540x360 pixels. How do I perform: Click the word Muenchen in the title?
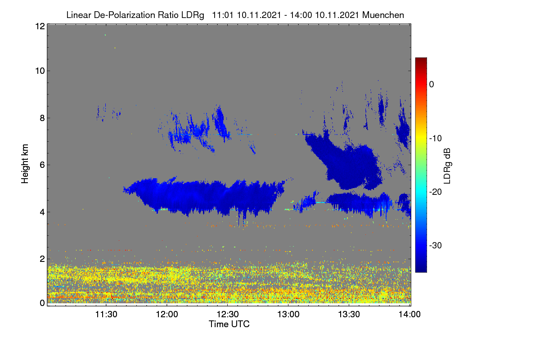(x=383, y=15)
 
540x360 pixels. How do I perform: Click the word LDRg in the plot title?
(x=193, y=15)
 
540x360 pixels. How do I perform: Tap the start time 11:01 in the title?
(x=223, y=15)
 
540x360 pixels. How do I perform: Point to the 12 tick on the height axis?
(x=40, y=26)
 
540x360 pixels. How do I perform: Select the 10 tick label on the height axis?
(x=40, y=71)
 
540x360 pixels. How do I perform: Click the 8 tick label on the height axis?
(x=42, y=118)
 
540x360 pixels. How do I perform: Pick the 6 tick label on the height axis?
(x=42, y=165)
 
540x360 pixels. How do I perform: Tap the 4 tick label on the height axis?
(x=42, y=212)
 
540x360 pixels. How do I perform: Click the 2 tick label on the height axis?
(x=42, y=259)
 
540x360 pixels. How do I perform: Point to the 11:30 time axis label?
(x=106, y=315)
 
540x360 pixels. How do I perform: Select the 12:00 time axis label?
(x=167, y=315)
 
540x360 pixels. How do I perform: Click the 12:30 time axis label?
(x=228, y=315)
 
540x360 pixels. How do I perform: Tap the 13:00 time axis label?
(x=288, y=315)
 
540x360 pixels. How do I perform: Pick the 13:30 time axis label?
(x=349, y=315)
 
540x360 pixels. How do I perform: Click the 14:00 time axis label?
(x=409, y=315)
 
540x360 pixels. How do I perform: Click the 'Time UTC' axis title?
(x=229, y=324)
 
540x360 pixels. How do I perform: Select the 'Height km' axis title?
(x=25, y=164)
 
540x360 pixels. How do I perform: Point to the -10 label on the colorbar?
(x=436, y=139)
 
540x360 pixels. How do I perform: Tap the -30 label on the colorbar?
(x=436, y=245)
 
